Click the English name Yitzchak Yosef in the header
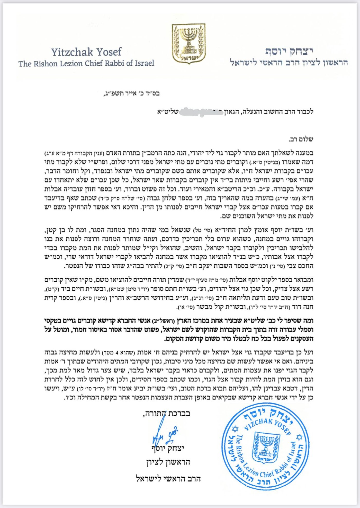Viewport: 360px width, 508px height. coord(86,52)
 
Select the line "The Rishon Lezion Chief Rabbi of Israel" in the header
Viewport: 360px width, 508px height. coord(86,63)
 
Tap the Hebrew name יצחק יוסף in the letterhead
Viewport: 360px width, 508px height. coord(289,51)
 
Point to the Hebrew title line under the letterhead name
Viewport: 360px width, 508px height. coord(289,62)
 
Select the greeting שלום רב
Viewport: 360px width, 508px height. coord(301,139)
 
